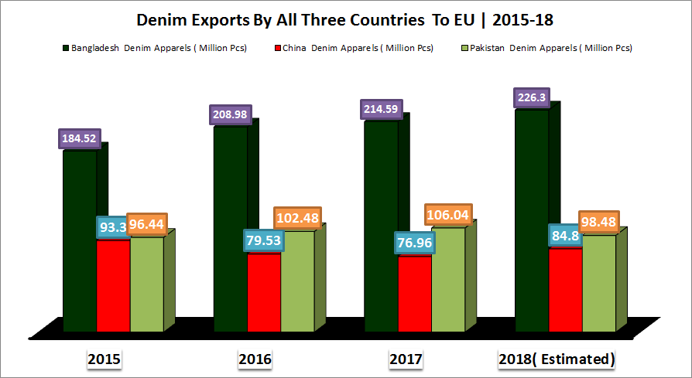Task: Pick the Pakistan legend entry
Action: point(546,48)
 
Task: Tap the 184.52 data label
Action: point(81,139)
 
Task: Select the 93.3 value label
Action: point(111,228)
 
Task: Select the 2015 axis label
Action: point(104,359)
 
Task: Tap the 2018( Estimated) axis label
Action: point(557,359)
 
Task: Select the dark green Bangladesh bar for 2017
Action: point(381,224)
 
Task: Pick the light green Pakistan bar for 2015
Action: point(146,286)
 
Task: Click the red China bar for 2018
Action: point(565,290)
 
